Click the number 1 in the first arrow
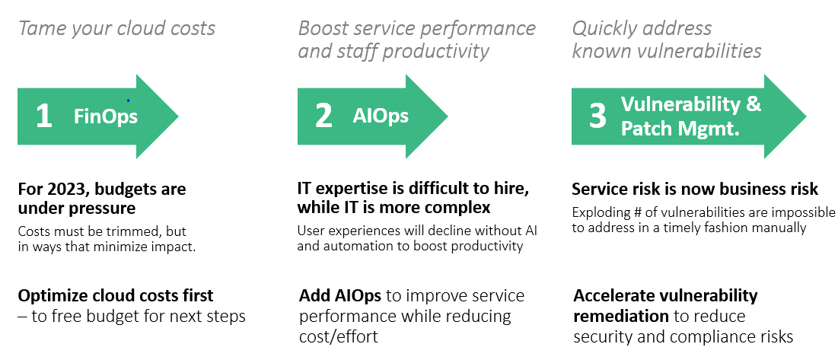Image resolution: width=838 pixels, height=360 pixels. pyautogui.click(x=44, y=116)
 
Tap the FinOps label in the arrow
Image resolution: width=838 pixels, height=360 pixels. pyautogui.click(x=106, y=116)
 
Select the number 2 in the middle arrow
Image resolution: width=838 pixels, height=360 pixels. pyautogui.click(x=323, y=116)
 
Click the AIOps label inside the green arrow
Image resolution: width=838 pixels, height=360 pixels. pyautogui.click(x=381, y=116)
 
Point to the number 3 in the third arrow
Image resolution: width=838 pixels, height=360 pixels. pyautogui.click(x=597, y=116)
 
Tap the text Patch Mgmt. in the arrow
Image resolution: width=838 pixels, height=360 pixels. pyautogui.click(x=680, y=128)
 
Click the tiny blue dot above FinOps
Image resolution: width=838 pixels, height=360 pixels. pyautogui.click(x=129, y=100)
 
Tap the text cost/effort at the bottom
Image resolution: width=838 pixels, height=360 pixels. pyautogui.click(x=338, y=336)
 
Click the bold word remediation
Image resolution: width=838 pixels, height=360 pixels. pyautogui.click(x=621, y=316)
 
